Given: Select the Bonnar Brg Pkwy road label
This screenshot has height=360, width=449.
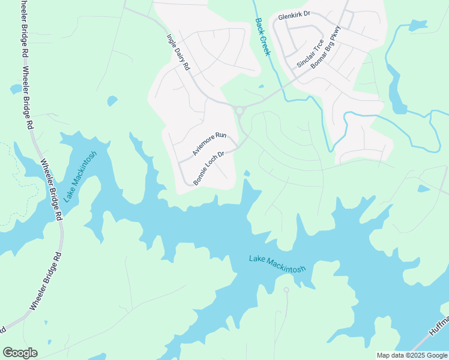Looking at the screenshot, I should tap(327, 47).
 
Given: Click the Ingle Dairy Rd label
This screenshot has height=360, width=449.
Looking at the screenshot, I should tap(178, 52).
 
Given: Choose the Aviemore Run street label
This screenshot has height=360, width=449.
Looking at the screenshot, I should tap(209, 145).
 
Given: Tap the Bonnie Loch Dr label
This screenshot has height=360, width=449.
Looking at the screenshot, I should tap(208, 167).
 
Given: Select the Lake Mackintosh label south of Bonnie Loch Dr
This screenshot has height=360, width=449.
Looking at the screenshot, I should tap(277, 263).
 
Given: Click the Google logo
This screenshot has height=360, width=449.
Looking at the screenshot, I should tap(20, 353).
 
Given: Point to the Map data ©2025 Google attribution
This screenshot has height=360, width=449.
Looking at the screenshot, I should tap(412, 355).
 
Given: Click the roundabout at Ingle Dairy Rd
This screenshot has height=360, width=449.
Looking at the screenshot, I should tap(240, 110).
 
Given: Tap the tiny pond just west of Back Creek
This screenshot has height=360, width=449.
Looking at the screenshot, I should tap(261, 86).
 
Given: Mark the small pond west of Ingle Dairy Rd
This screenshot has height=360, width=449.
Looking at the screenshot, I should tap(112, 101).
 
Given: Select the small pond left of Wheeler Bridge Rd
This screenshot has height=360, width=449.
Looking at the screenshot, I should tap(16, 89).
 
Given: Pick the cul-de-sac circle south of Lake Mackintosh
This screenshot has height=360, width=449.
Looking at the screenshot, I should tap(286, 290).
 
